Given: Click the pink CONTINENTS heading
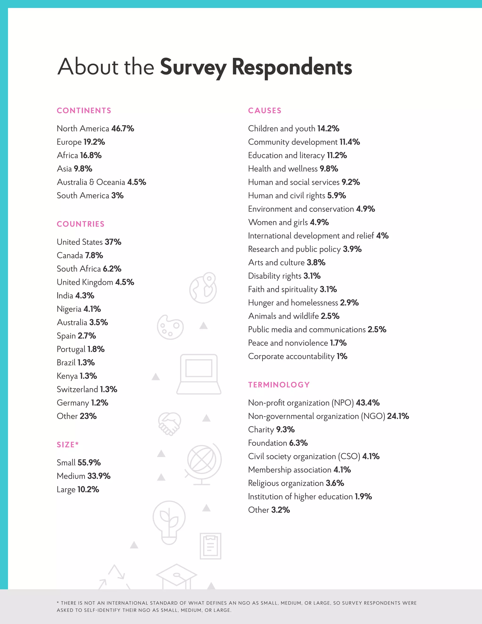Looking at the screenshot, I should click(84, 111).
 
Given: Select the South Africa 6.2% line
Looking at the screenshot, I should click(89, 269).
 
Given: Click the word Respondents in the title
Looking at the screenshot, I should click(292, 67).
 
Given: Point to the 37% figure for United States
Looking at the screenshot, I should click(113, 242).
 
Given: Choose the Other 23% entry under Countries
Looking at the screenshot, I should click(76, 416).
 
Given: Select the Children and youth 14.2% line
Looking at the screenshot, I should click(293, 129).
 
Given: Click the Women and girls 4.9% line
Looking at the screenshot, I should click(288, 222).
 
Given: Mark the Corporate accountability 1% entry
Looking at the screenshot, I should click(297, 356).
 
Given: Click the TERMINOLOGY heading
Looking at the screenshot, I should click(279, 385).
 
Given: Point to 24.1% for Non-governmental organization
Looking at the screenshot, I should click(398, 416).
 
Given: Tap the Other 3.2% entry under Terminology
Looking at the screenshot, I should click(269, 510).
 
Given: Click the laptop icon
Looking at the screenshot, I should click(199, 374).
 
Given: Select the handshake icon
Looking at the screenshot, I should click(169, 424).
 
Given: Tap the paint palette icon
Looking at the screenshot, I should click(170, 327).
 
